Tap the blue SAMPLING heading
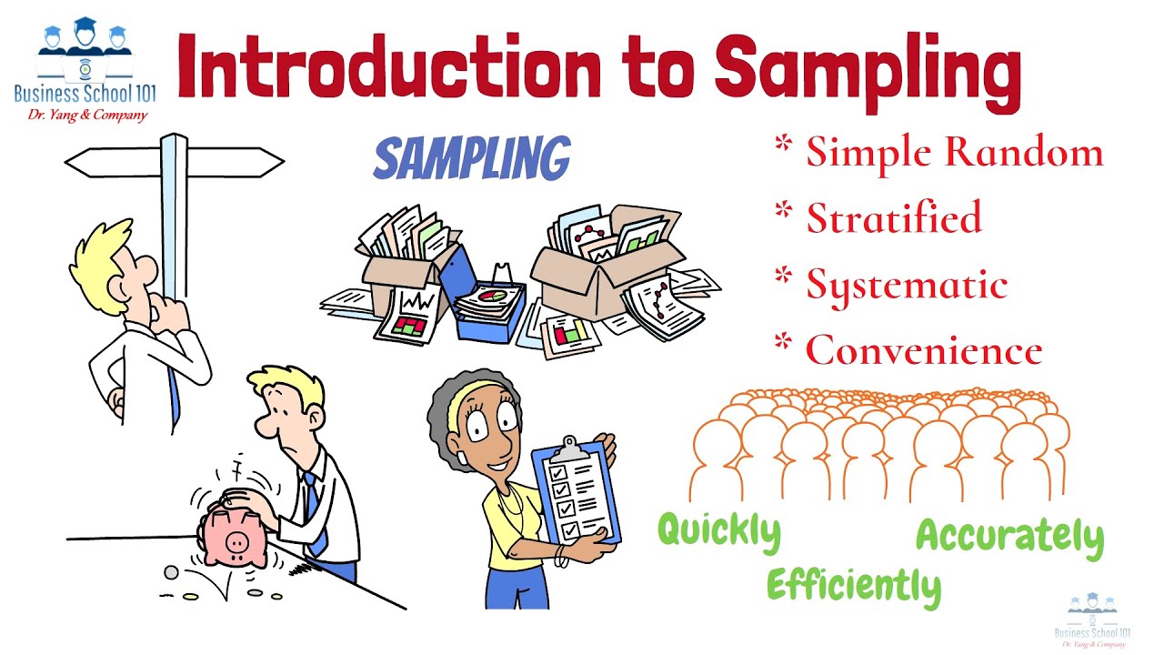(x=471, y=160)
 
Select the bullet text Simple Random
(x=954, y=152)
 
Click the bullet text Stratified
(x=894, y=218)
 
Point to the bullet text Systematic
(x=907, y=285)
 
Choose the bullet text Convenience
(x=924, y=350)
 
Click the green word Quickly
(x=718, y=530)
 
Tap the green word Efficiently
(x=853, y=585)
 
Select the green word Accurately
(x=1008, y=537)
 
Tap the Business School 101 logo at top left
(x=84, y=68)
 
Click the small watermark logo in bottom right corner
(x=1092, y=621)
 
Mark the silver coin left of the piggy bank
(x=171, y=572)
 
